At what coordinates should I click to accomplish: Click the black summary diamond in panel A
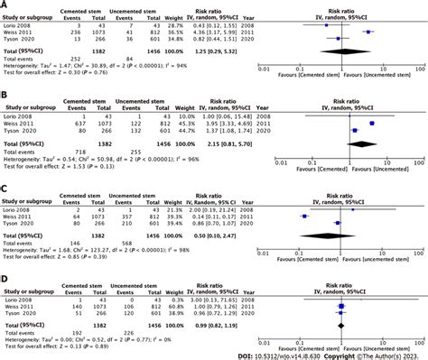(x=344, y=53)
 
